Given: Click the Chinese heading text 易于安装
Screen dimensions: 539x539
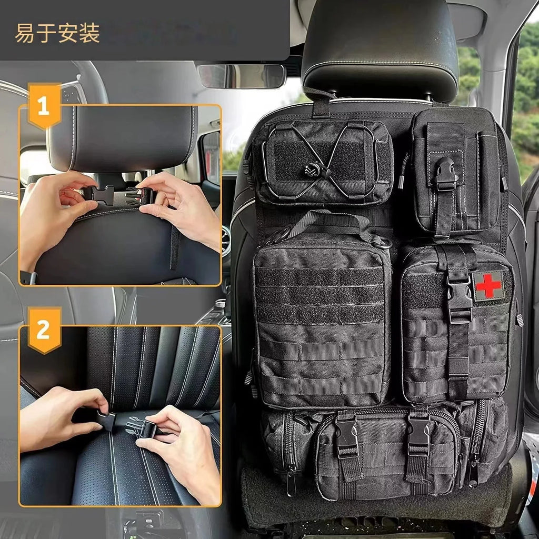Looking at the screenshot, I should click(57, 34).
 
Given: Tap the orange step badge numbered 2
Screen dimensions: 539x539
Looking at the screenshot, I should click(44, 330).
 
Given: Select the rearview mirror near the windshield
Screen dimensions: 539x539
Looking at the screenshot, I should click(242, 76).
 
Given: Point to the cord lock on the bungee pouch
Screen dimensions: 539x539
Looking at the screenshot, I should click(311, 171).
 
